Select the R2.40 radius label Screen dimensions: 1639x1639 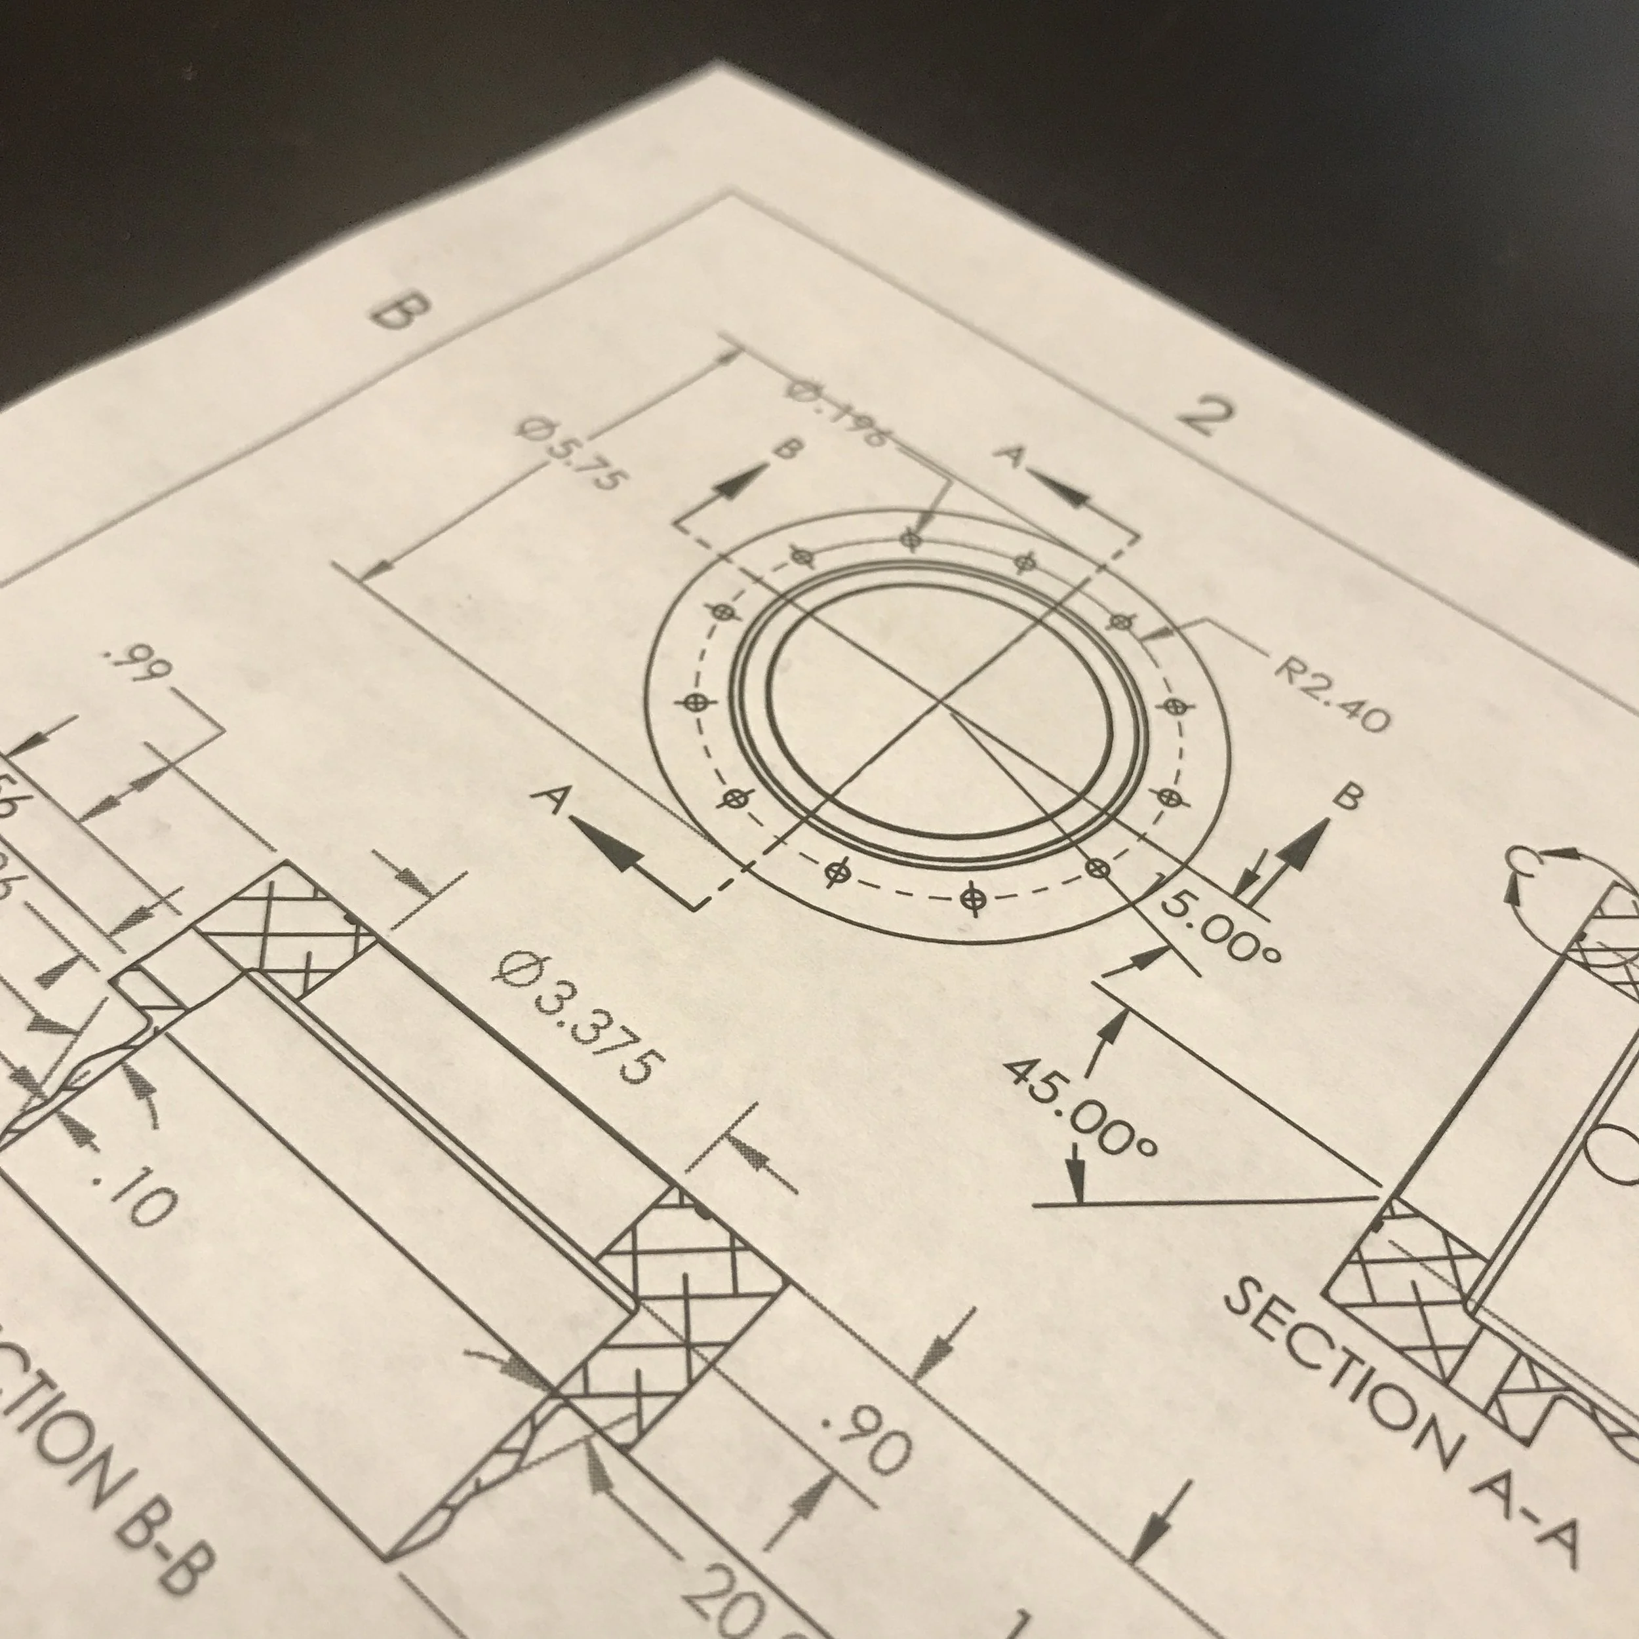1333,694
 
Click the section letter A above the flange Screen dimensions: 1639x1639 1010,456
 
